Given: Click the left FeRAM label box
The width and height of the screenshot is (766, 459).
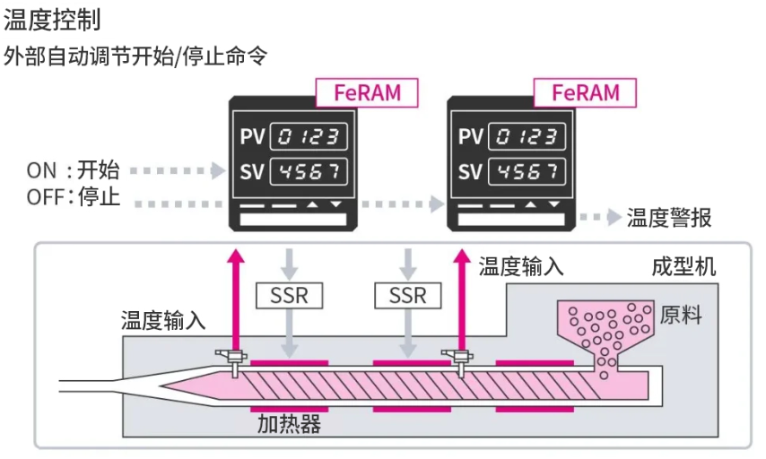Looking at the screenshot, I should (368, 92).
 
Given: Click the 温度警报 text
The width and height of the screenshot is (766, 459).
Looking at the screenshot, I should (670, 217).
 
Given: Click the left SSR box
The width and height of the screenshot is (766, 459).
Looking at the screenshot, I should (289, 295).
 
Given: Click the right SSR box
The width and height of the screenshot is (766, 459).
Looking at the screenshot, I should (408, 295).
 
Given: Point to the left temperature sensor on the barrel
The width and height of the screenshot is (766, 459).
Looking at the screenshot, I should (234, 359).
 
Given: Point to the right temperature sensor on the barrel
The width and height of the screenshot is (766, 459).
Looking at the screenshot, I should (461, 359).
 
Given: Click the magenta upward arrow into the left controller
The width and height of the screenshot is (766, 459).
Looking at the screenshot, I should (236, 296).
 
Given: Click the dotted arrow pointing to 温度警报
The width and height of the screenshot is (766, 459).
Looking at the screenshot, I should (599, 217).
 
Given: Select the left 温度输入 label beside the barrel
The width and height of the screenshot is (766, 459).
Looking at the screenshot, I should (164, 320).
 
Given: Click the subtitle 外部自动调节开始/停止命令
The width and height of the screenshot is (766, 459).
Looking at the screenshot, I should (135, 55).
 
